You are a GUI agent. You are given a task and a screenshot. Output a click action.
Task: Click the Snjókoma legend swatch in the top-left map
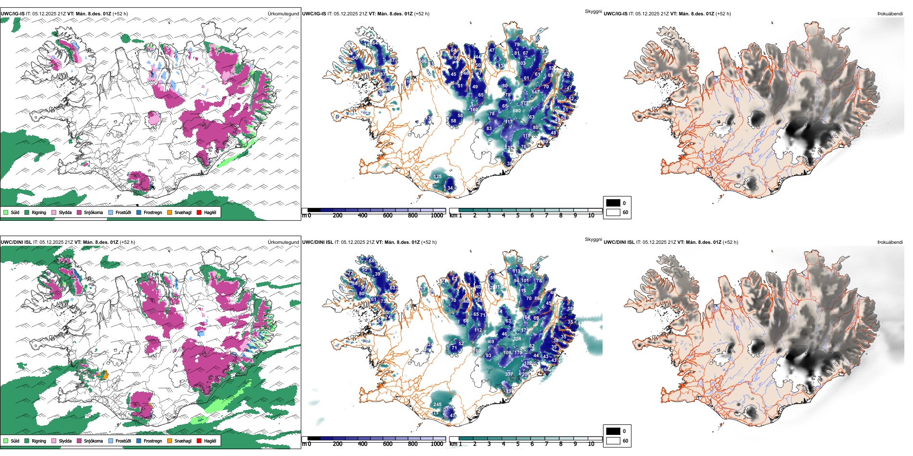[x=79, y=212]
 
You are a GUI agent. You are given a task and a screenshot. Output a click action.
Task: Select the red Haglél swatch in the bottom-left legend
[x=199, y=441]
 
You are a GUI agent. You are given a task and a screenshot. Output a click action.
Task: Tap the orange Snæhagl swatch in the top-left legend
[x=170, y=212]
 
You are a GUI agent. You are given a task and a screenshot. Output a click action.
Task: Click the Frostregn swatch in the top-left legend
[x=139, y=212]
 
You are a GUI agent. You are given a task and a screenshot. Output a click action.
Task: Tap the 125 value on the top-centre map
[x=437, y=177]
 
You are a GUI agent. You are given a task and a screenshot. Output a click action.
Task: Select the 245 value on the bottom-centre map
[x=437, y=405]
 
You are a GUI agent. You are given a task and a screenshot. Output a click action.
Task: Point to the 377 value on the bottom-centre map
[x=509, y=374]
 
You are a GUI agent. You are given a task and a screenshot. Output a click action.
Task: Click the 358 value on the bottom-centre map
[x=517, y=339]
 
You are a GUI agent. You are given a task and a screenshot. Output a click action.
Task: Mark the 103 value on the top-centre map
[x=522, y=63]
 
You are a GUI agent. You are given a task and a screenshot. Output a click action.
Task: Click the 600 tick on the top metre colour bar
[x=387, y=216]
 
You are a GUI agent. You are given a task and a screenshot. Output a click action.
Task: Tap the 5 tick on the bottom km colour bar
[x=518, y=444]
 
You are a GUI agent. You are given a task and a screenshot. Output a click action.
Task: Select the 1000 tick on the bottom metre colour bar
[x=437, y=444]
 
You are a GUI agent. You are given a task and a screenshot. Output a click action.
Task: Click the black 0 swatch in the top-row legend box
[x=613, y=203]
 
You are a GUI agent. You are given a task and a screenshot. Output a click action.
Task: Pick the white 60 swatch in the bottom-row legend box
[x=613, y=441]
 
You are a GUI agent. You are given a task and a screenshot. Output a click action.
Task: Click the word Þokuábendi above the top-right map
[x=890, y=14]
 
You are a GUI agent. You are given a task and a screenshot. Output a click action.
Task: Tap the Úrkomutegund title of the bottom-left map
[x=283, y=242]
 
